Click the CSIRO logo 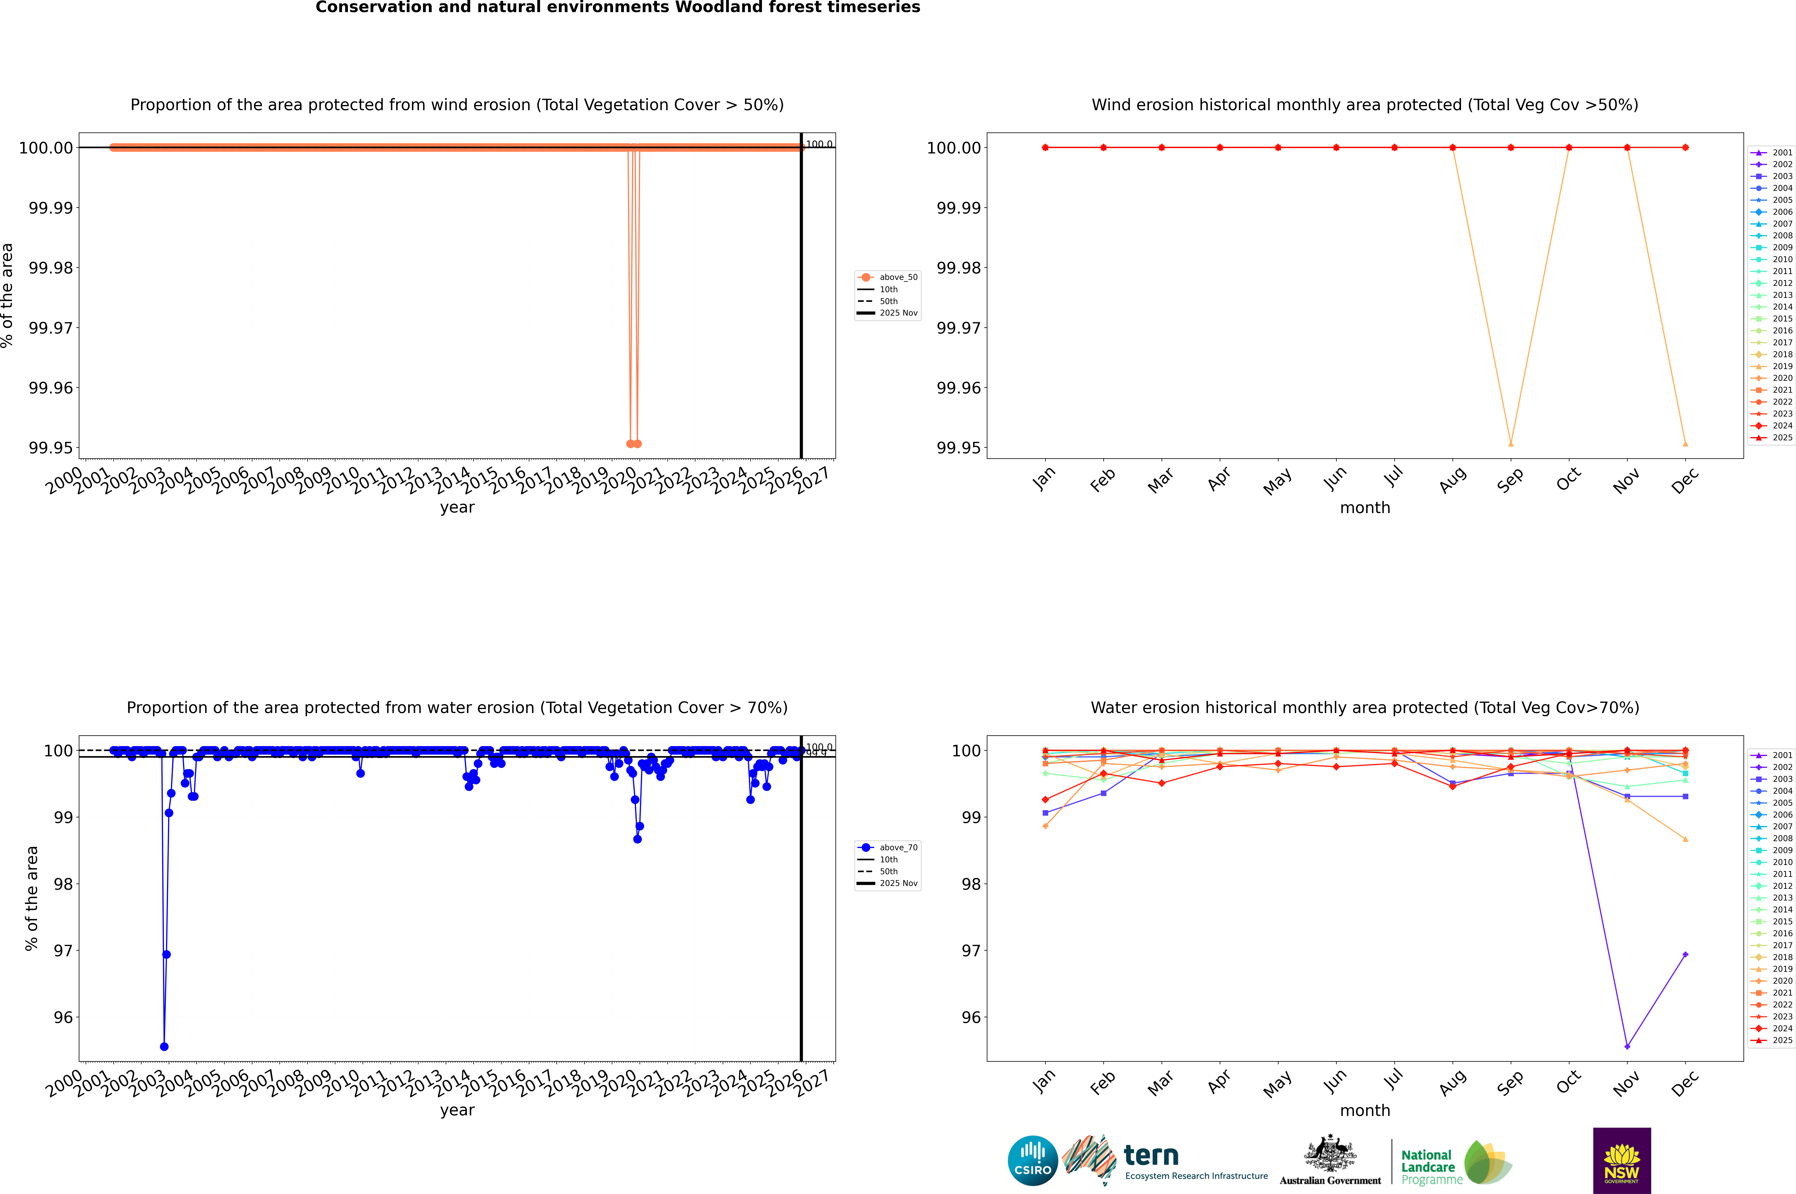click(x=1032, y=1161)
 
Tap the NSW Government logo click(x=1622, y=1161)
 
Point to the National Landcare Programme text click(x=1428, y=1167)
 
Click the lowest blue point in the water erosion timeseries click(x=164, y=1046)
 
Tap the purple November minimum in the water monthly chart click(x=1627, y=1046)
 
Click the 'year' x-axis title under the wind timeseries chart click(x=457, y=507)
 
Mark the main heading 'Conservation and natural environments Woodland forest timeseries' click(x=617, y=8)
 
